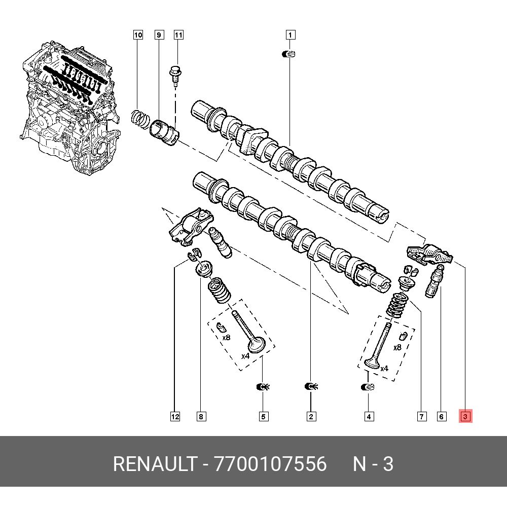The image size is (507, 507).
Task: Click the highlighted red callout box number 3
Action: (466, 417)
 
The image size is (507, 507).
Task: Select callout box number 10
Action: (138, 35)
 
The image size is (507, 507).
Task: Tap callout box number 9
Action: (159, 35)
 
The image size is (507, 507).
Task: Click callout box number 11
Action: (178, 35)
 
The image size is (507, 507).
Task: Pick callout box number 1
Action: (290, 35)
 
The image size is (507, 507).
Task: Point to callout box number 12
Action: (174, 417)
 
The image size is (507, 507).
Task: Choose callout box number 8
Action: (201, 417)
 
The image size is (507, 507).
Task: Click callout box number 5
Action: (264, 417)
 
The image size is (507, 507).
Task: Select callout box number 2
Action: (311, 417)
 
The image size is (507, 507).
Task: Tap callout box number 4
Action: (369, 417)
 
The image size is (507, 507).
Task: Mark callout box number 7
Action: (421, 417)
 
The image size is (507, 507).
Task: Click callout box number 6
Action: (441, 417)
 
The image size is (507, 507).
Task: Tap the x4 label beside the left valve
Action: (245, 356)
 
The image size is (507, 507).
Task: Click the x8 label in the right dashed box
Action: (397, 348)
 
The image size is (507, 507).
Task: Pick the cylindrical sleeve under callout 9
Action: (165, 131)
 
